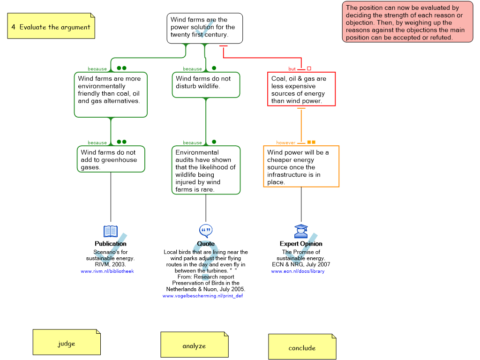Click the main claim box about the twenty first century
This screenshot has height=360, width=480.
pos(205,28)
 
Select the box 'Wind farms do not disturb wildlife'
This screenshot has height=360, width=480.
pos(206,84)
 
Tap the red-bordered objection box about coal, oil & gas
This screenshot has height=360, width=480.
pos(301,89)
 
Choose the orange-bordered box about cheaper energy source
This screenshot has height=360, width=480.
pos(301,166)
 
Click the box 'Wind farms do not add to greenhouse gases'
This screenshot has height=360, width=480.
pos(111,159)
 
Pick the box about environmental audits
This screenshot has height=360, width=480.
pos(206,170)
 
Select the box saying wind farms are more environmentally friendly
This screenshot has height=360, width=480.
pos(111,94)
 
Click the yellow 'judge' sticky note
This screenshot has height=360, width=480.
pos(67,342)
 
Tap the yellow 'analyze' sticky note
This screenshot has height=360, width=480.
pos(194,345)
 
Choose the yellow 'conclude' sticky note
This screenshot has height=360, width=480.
pos(302,347)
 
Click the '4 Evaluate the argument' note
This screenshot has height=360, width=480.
pos(51,26)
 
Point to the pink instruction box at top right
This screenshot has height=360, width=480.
pos(407,22)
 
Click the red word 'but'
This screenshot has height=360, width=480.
pos(292,69)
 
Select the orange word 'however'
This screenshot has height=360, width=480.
pos(286,142)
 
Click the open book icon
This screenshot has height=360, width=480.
pos(111,231)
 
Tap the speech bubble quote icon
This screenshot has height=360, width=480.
pos(206,230)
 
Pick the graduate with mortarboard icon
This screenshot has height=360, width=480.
pos(301,231)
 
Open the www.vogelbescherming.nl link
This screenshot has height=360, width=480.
pos(202,296)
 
